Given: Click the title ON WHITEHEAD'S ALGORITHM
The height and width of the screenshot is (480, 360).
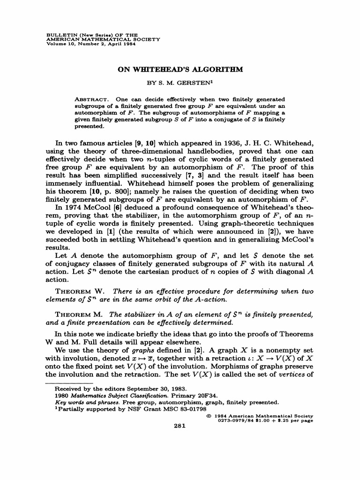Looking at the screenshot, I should [x=180, y=68].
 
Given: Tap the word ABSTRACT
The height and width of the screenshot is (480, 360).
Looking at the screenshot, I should [x=92, y=100].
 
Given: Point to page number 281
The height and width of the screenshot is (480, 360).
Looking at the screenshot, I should [x=180, y=426].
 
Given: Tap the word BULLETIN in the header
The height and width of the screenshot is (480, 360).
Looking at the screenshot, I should [x=64, y=35].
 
